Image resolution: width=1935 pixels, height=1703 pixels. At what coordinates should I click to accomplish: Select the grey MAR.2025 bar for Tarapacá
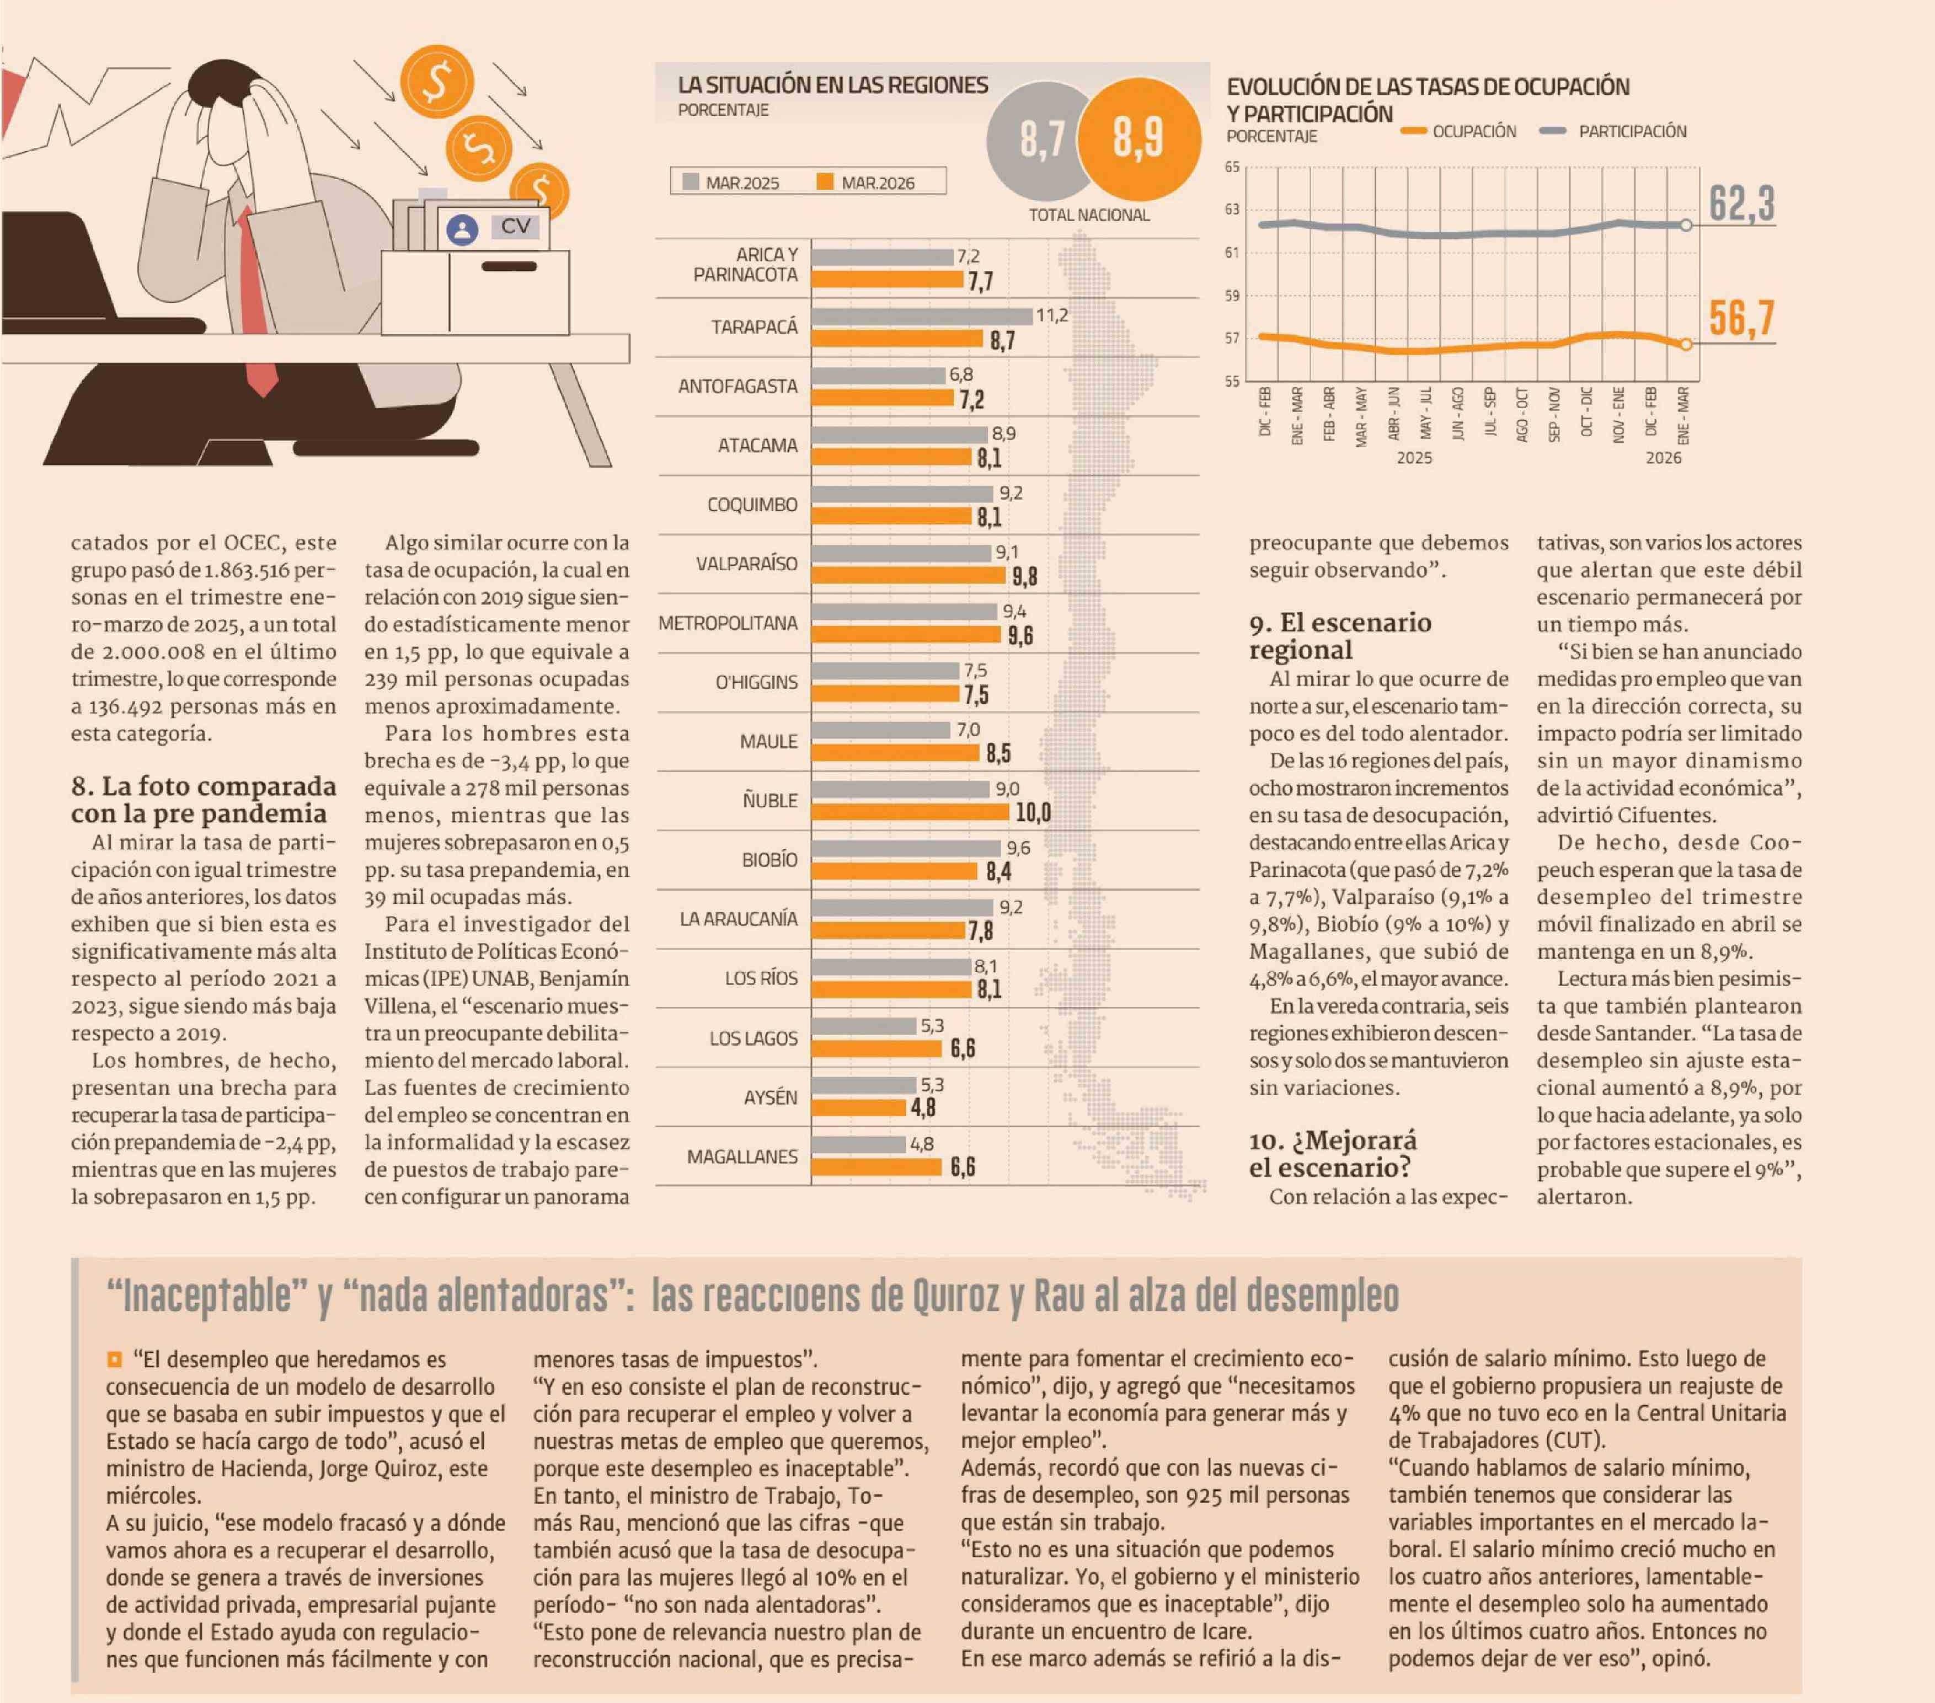[x=922, y=316]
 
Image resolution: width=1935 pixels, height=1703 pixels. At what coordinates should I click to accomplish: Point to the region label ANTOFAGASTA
[x=737, y=386]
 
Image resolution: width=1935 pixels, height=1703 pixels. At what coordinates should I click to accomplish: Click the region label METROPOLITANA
[x=728, y=623]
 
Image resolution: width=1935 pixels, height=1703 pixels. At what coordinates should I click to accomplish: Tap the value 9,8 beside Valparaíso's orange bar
[x=1024, y=576]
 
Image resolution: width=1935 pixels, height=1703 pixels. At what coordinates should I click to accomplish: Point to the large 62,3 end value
[x=1742, y=203]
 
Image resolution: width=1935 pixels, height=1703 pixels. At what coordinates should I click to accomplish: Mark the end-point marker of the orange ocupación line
[x=1686, y=345]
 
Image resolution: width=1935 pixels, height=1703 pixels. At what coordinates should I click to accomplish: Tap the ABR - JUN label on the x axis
[x=1393, y=413]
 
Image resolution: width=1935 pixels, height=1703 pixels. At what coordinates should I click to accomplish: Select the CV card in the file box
[x=492, y=228]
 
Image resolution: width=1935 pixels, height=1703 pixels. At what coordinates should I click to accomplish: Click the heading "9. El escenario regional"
[x=1339, y=636]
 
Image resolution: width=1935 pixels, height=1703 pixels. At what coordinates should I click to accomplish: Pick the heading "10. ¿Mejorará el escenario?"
[x=1333, y=1154]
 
